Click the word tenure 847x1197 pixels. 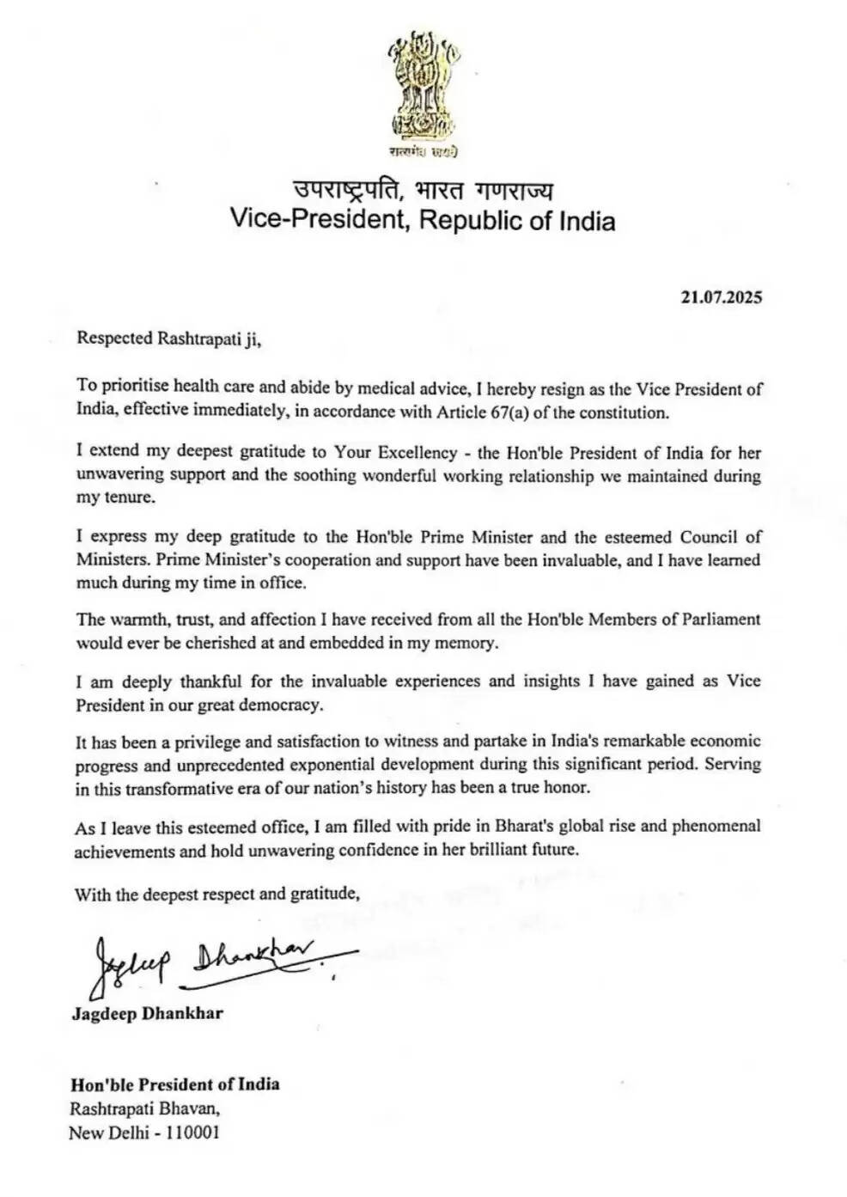126,498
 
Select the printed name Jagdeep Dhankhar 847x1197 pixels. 148,1013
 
